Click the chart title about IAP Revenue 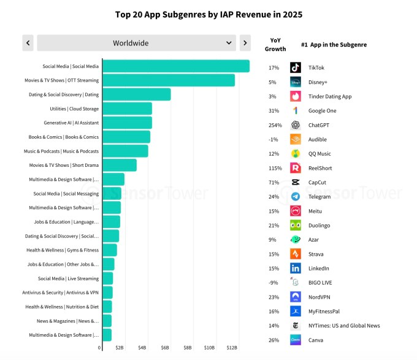(x=208, y=14)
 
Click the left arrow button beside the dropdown (x=28, y=43)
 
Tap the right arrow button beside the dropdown (x=245, y=43)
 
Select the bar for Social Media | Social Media (x=176, y=66)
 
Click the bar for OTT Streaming (x=169, y=80)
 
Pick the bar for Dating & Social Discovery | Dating (x=137, y=94)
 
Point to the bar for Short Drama (x=120, y=165)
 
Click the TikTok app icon (x=296, y=67)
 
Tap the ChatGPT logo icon (x=296, y=125)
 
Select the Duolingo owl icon (x=296, y=225)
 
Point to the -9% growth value (x=274, y=283)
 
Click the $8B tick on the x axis (x=188, y=348)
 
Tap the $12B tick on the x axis (x=232, y=348)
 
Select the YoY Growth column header (x=275, y=44)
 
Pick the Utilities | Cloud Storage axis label (x=74, y=109)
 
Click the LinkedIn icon (x=296, y=268)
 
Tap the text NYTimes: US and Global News (x=344, y=326)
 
